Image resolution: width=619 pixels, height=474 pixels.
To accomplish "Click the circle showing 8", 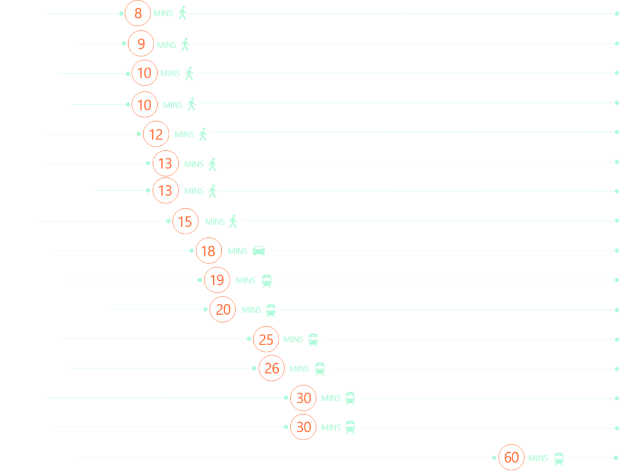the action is pyautogui.click(x=138, y=13).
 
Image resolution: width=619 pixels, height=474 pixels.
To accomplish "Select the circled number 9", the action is pyautogui.click(x=141, y=44).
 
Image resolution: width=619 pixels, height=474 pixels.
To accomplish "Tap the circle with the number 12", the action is pyautogui.click(x=156, y=134).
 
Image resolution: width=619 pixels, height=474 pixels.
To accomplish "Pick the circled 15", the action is pyautogui.click(x=185, y=222).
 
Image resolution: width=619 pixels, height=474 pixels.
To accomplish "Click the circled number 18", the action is pyautogui.click(x=209, y=251).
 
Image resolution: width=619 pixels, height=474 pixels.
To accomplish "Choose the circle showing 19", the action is pyautogui.click(x=217, y=280).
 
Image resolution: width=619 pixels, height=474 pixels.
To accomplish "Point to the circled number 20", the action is pyautogui.click(x=223, y=309).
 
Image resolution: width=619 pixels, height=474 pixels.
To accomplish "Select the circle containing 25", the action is pyautogui.click(x=266, y=339).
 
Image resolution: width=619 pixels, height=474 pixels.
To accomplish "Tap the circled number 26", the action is pyautogui.click(x=271, y=369).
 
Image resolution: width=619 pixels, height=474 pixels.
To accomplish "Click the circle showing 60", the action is pyautogui.click(x=511, y=458).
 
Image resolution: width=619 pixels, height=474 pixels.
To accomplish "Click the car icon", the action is pyautogui.click(x=259, y=251).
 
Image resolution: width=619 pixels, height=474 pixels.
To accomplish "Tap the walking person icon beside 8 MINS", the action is pyautogui.click(x=183, y=13).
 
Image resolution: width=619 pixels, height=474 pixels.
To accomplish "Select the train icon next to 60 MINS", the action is pyautogui.click(x=559, y=459).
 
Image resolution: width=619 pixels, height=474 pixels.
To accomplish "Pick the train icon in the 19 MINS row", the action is pyautogui.click(x=267, y=281).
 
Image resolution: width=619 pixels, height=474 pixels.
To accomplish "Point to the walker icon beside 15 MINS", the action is pyautogui.click(x=233, y=222).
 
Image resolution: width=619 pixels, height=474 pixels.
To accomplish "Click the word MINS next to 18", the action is pyautogui.click(x=238, y=251).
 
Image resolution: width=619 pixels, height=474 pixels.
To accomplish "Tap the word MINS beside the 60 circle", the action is pyautogui.click(x=538, y=458).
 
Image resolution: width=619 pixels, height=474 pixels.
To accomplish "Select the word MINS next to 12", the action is pyautogui.click(x=184, y=134).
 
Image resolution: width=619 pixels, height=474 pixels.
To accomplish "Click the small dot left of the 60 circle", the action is pyautogui.click(x=494, y=458).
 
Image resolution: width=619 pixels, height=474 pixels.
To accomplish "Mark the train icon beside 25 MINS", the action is pyautogui.click(x=313, y=340).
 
